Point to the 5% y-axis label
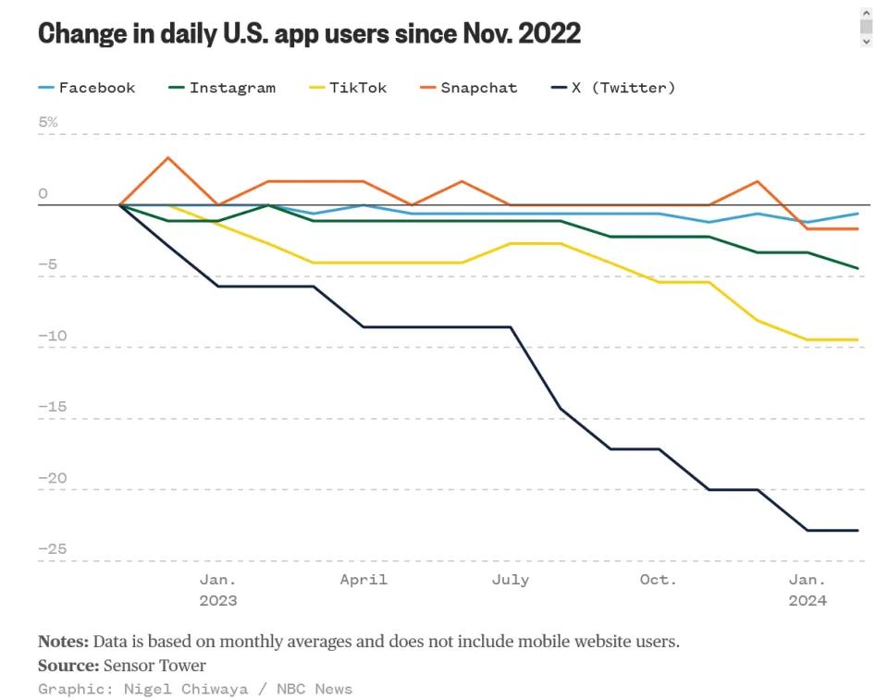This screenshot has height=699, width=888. coord(47,122)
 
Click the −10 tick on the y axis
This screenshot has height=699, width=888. coord(52,336)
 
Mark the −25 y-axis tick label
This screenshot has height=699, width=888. coord(52,549)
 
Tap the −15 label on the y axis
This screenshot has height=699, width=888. coord(52,407)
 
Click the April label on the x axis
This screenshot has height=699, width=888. coord(364,580)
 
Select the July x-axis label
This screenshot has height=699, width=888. coord(510,580)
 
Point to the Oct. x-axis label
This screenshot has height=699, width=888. coord(658,580)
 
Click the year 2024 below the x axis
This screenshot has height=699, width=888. coord(808,601)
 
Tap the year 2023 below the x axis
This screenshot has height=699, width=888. coord(218,601)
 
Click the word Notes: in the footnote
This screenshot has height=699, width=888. coord(63,642)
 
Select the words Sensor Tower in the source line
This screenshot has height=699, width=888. coord(154,666)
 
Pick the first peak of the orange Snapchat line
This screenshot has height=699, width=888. coord(167,157)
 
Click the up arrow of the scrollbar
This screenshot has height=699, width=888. coord(866,13)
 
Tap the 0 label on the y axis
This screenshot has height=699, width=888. coord(43,193)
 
